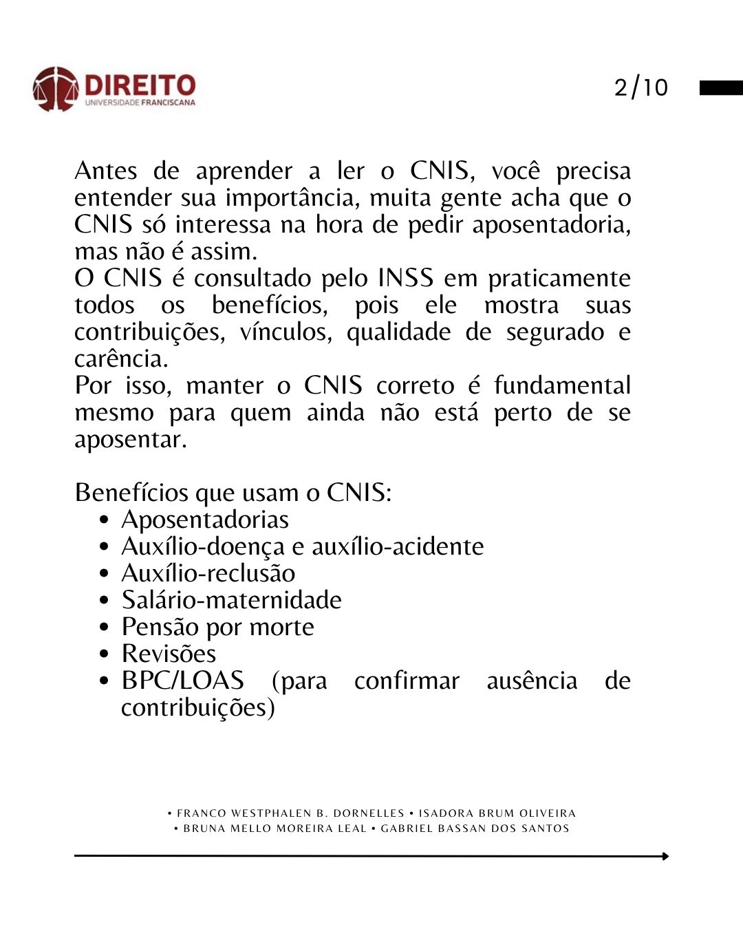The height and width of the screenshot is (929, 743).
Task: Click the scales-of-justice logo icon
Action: pyautogui.click(x=55, y=89)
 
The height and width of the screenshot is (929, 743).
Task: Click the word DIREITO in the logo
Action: pyautogui.click(x=140, y=85)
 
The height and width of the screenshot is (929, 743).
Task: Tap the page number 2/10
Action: pyautogui.click(x=640, y=87)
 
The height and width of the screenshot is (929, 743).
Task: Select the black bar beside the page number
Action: pyautogui.click(x=721, y=87)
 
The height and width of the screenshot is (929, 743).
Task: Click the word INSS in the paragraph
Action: pyautogui.click(x=405, y=278)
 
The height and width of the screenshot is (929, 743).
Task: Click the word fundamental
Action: pyautogui.click(x=562, y=385)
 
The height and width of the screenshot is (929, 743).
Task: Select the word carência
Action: pyautogui.click(x=120, y=359)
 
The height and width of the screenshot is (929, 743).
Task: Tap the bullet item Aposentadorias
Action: pyautogui.click(x=205, y=520)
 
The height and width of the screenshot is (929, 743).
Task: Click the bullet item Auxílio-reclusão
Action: pyautogui.click(x=208, y=573)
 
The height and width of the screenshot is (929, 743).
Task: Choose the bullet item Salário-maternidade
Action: pyautogui.click(x=231, y=600)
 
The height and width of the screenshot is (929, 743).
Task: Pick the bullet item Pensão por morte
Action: pyautogui.click(x=217, y=627)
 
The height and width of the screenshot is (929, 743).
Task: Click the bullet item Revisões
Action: pyautogui.click(x=169, y=653)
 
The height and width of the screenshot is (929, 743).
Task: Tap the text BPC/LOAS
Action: pyautogui.click(x=182, y=681)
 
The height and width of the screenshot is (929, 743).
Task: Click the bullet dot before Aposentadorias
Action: pyautogui.click(x=104, y=520)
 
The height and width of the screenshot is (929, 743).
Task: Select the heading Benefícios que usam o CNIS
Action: pyautogui.click(x=233, y=493)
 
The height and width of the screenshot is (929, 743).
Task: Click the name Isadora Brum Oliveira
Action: pyautogui.click(x=497, y=813)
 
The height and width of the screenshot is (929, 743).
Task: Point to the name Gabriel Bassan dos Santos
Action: pyautogui.click(x=475, y=829)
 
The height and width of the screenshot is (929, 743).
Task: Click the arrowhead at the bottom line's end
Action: pyautogui.click(x=665, y=856)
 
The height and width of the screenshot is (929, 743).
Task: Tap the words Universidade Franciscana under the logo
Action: pyautogui.click(x=140, y=103)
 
